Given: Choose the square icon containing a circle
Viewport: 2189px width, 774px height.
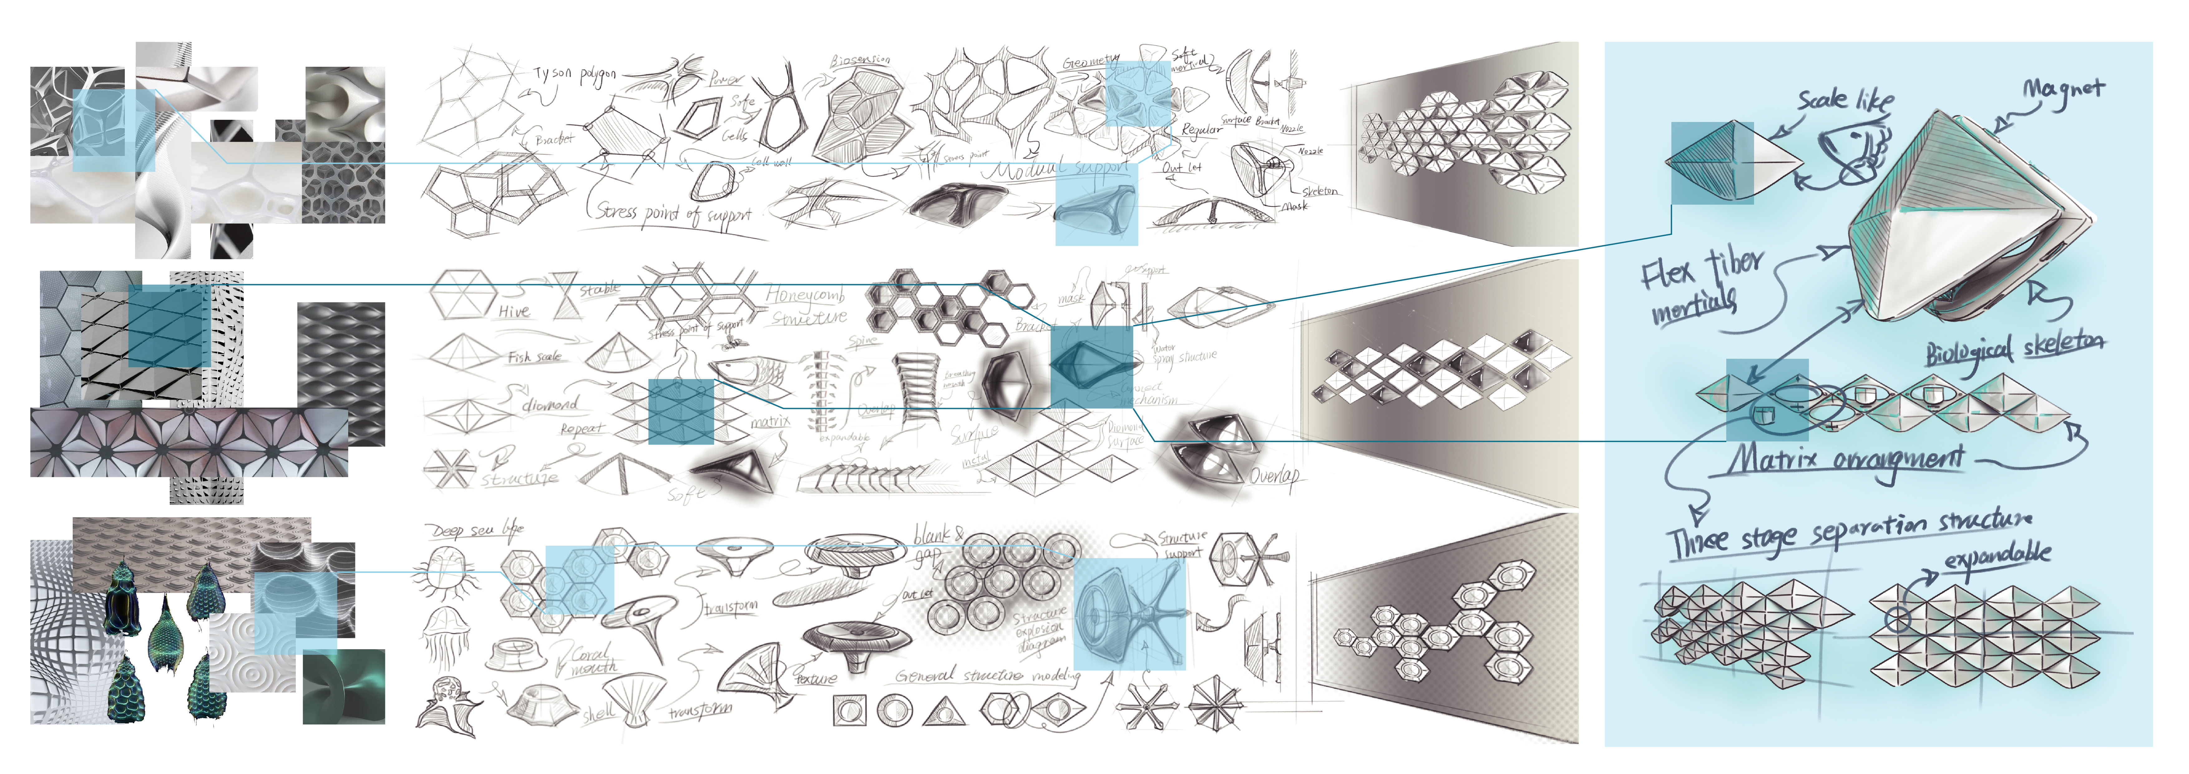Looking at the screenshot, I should click(850, 710).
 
